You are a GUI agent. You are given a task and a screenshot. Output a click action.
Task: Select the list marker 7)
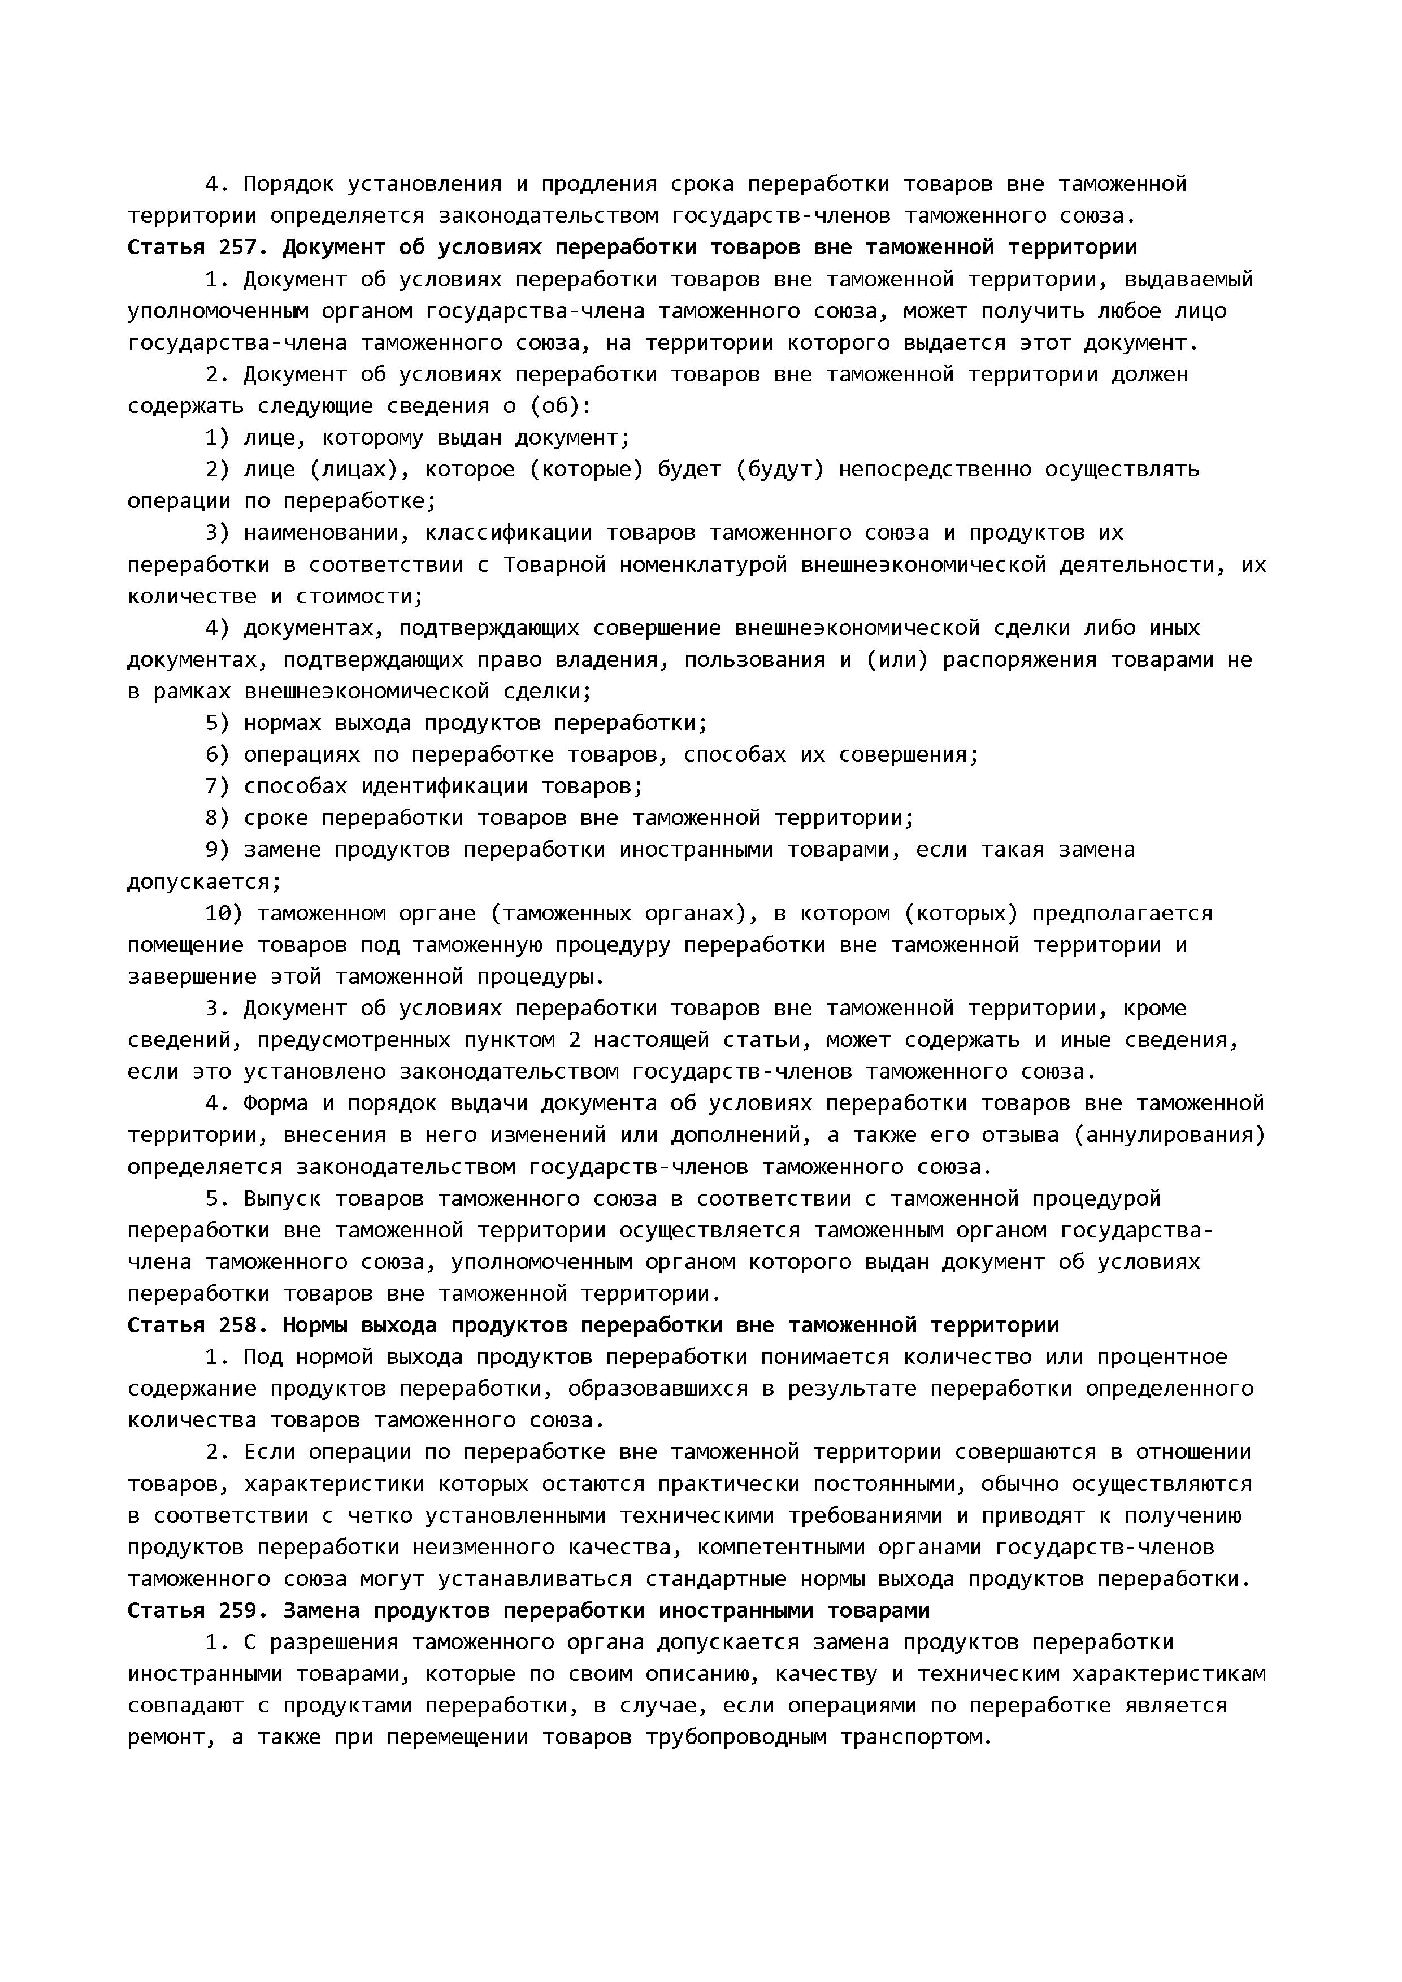[x=218, y=786]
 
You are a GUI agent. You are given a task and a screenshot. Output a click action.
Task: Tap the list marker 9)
[x=218, y=850]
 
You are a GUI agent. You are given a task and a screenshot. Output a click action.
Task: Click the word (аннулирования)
[x=1170, y=1135]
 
